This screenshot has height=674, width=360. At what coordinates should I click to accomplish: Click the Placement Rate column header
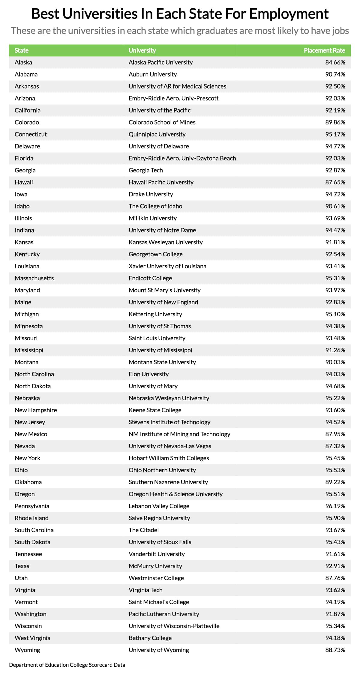(x=324, y=50)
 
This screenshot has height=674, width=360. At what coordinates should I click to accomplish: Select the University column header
(x=142, y=50)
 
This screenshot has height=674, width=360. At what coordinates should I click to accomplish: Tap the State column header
(x=22, y=50)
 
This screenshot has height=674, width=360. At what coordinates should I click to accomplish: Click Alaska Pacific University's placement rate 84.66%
(x=335, y=62)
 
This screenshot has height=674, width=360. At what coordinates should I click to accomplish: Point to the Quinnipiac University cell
(x=157, y=134)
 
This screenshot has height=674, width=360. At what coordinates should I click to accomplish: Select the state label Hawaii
(x=24, y=182)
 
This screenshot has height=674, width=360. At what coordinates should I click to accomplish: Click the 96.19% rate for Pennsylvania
(x=335, y=506)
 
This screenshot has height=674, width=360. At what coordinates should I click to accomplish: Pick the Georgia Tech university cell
(x=145, y=170)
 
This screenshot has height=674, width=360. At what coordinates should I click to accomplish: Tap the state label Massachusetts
(x=34, y=278)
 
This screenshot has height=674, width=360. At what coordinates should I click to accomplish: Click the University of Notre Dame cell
(x=162, y=230)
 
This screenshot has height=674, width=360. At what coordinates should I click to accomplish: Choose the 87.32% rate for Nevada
(x=335, y=446)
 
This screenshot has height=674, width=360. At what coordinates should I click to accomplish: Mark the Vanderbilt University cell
(x=157, y=554)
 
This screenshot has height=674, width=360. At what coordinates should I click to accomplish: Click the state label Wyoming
(x=27, y=650)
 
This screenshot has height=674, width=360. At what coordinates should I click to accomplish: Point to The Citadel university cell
(x=143, y=530)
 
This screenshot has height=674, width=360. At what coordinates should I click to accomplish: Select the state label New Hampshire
(x=36, y=410)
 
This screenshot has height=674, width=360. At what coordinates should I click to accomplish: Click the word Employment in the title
(x=289, y=14)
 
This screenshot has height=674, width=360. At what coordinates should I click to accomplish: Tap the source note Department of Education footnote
(x=67, y=665)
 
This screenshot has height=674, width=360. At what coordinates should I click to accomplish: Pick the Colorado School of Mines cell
(x=162, y=122)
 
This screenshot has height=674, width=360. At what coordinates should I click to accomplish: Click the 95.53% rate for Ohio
(x=335, y=470)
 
